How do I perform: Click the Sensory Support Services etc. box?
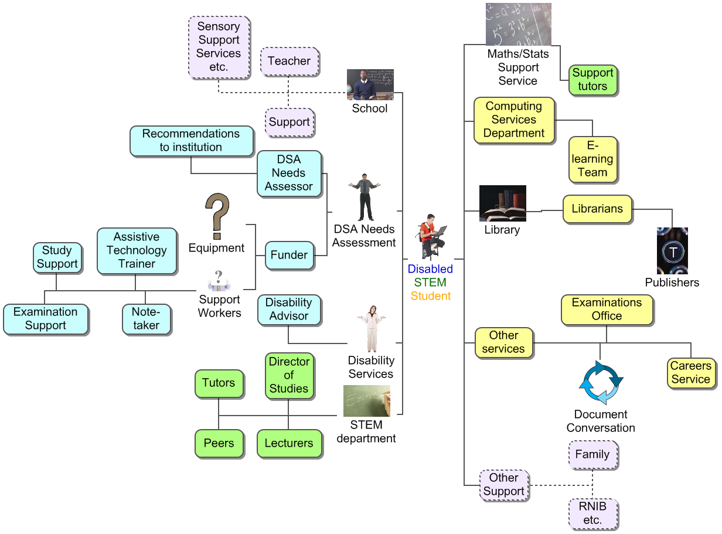pos(219,47)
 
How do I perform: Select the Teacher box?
pos(289,61)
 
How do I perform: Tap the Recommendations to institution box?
pos(191,141)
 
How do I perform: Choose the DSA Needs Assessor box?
pos(289,173)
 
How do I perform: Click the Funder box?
pos(289,255)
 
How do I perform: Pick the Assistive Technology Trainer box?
pos(137,250)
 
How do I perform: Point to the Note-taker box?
pos(146,319)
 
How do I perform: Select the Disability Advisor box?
pos(289,309)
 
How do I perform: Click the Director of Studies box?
pos(289,375)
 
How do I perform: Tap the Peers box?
pos(219,443)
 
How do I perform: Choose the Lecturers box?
pos(289,443)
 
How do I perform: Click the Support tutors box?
pos(592,80)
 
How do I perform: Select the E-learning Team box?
pos(592,159)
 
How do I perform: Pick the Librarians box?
pos(597,209)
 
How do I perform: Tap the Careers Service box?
pos(691,373)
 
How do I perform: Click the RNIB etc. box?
pos(592,513)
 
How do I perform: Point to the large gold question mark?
pos(217,216)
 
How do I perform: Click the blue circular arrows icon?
pos(601,383)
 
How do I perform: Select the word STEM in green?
pos(430,283)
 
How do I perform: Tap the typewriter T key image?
pos(672,251)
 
